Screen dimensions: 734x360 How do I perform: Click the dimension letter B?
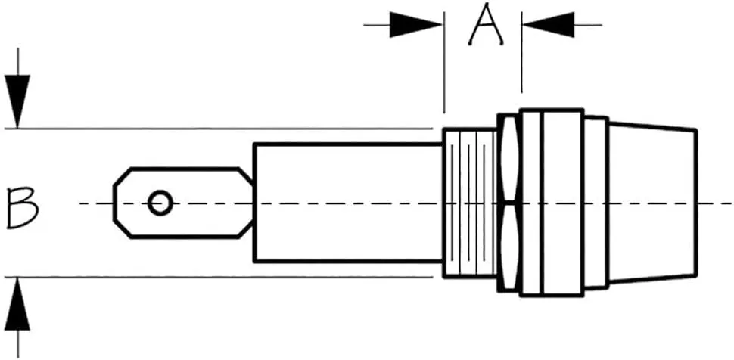(22, 207)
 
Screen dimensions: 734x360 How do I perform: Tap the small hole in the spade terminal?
(160, 203)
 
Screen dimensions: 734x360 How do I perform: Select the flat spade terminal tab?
(183, 203)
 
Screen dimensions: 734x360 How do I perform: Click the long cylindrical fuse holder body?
(348, 203)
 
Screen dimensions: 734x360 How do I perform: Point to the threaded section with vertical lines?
(469, 203)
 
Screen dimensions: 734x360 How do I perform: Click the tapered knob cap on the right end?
(652, 203)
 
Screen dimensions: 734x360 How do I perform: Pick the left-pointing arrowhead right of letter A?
(548, 25)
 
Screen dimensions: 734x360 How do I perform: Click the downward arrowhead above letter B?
(18, 101)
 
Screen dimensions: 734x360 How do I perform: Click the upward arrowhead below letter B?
(18, 304)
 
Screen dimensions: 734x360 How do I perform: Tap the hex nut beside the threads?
(509, 203)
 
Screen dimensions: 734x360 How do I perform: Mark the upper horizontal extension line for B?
(219, 128)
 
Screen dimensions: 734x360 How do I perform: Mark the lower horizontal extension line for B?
(219, 277)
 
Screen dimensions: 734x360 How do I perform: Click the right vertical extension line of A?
(521, 52)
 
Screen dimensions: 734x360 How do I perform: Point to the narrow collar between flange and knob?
(596, 203)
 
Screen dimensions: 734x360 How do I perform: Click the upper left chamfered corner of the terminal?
(122, 176)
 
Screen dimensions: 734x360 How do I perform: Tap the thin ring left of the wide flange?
(531, 203)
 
